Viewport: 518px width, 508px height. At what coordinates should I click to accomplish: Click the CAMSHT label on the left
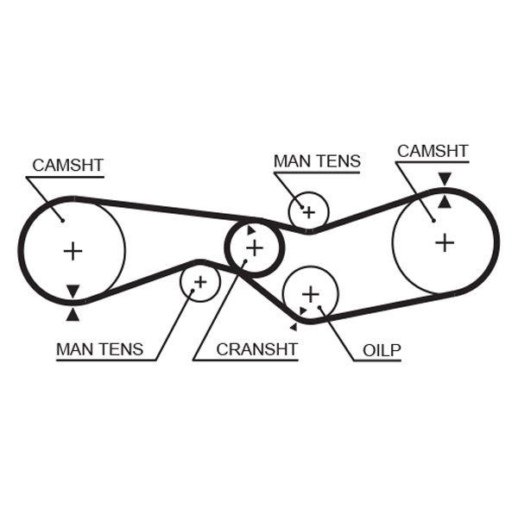pos(67,165)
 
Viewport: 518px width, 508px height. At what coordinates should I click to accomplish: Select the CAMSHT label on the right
pos(433,152)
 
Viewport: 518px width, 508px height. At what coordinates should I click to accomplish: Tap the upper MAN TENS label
pos(317,160)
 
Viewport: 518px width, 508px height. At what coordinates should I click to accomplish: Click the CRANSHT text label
pos(256,349)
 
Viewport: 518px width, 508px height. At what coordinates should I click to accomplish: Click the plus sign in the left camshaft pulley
pos(73,251)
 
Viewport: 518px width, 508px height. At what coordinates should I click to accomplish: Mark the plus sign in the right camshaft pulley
pos(445,242)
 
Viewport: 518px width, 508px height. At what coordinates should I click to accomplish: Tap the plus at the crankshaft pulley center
pos(255,248)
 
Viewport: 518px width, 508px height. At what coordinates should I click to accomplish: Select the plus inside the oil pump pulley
pos(311,295)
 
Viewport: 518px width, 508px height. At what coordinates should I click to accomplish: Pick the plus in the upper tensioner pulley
pos(308,210)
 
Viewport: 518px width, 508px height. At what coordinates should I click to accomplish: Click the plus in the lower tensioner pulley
pos(200,281)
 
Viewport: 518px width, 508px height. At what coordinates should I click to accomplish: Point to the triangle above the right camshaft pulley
pos(444,179)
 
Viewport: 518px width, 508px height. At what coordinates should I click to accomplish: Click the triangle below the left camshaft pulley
pos(73,315)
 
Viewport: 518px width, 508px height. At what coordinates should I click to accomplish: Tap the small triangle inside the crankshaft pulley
pos(250,230)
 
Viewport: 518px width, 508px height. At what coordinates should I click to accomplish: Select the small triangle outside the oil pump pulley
pos(294,327)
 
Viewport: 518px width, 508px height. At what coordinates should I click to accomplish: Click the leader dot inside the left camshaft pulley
pos(63,219)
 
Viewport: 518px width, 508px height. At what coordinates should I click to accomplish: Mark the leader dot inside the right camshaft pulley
pos(433,220)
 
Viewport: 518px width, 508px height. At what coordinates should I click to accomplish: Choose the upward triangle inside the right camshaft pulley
pos(444,202)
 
